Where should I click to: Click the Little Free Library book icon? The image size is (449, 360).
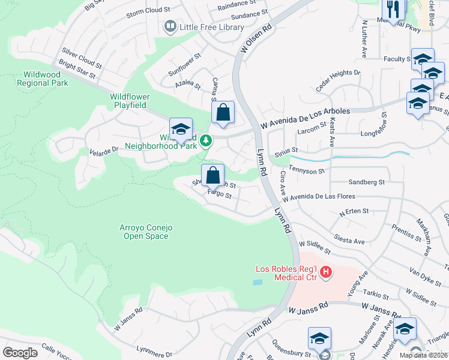(x=170, y=27)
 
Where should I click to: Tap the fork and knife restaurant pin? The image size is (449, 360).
(x=394, y=10)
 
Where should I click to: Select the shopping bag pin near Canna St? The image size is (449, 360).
(x=223, y=112)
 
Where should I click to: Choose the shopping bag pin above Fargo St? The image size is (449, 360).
(x=212, y=176)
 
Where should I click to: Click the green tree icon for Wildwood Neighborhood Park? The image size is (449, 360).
(x=206, y=140)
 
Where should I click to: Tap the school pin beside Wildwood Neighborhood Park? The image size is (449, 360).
(x=181, y=129)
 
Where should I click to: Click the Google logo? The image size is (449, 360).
(x=20, y=352)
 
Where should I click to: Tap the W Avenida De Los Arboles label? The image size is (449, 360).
(x=306, y=119)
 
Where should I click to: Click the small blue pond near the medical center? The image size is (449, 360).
(x=258, y=281)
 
